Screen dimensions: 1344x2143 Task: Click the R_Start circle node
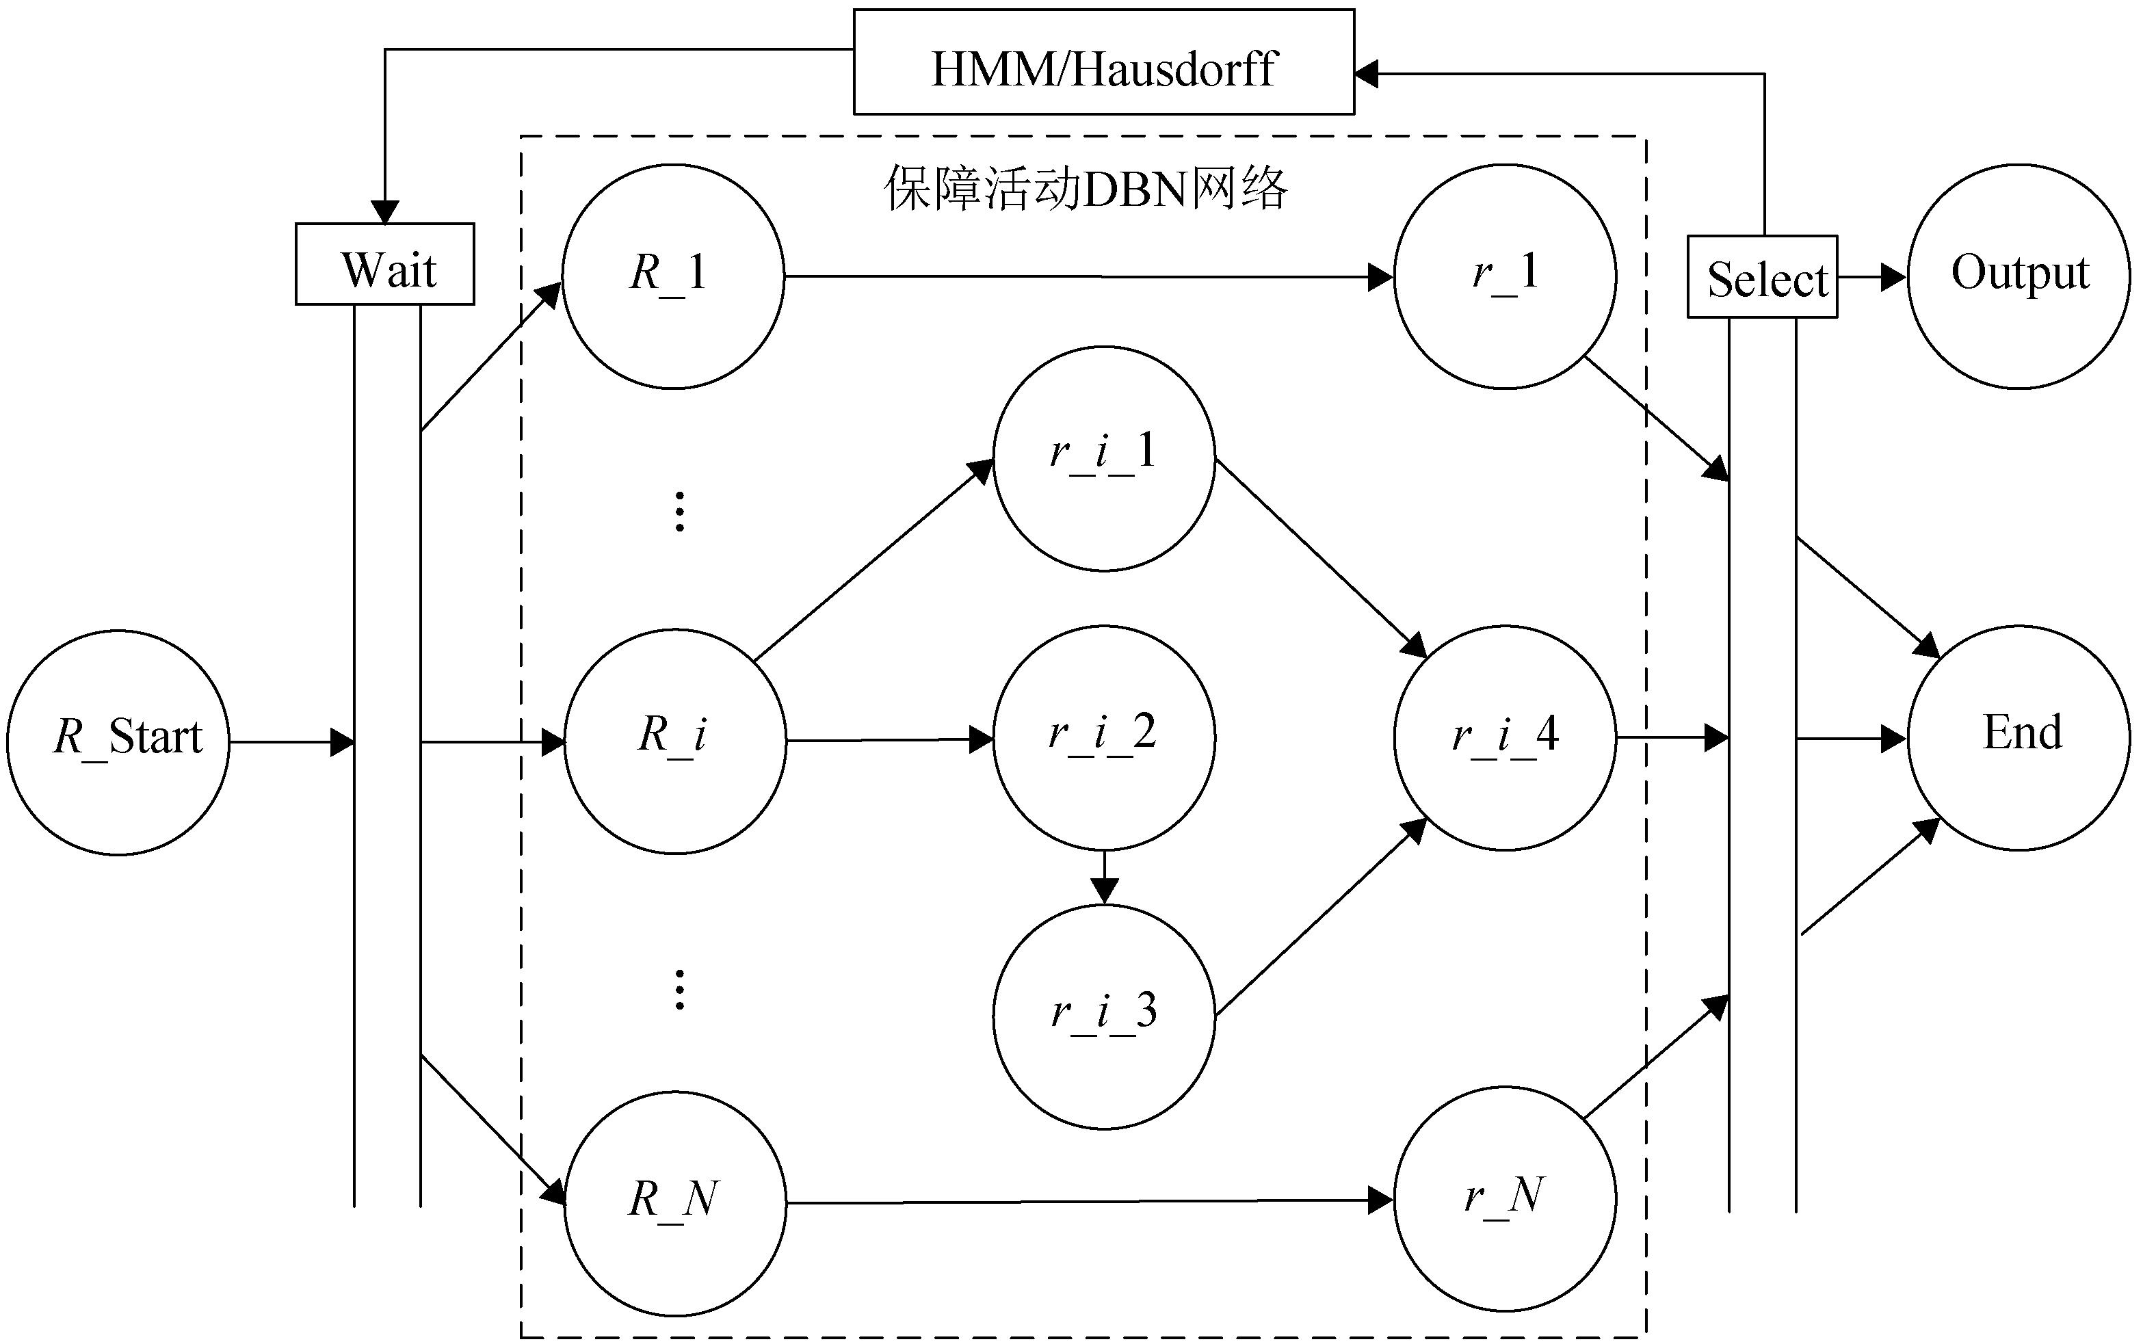tap(118, 742)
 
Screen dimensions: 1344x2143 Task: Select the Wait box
tap(385, 264)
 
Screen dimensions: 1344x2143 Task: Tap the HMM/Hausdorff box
tap(1103, 62)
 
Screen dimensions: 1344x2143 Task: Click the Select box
tap(1762, 276)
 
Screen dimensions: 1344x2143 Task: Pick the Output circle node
tap(2018, 276)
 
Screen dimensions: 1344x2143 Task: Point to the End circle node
tap(2018, 738)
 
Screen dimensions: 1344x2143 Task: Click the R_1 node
tap(673, 276)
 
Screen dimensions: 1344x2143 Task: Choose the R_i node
tap(674, 741)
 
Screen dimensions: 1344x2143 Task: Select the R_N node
tap(674, 1202)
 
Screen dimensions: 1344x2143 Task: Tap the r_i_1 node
tap(1104, 458)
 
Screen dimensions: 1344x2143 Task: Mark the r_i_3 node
tap(1104, 1016)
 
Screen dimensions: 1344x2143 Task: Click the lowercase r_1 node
tap(1505, 276)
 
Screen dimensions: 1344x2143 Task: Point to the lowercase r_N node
tap(1505, 1199)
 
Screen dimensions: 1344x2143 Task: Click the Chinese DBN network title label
tap(1086, 189)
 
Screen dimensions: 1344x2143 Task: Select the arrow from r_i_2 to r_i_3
tap(1104, 878)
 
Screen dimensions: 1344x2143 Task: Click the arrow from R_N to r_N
tap(1089, 1202)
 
